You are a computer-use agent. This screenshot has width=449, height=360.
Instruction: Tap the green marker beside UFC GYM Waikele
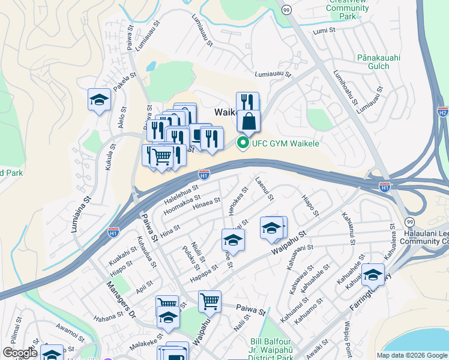(243, 143)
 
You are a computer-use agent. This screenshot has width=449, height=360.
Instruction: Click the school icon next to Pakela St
(100, 100)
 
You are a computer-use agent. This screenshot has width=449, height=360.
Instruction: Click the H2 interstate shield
(442, 112)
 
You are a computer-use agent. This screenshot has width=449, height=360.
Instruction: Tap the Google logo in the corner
(20, 353)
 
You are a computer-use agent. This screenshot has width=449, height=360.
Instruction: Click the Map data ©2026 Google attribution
(412, 355)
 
